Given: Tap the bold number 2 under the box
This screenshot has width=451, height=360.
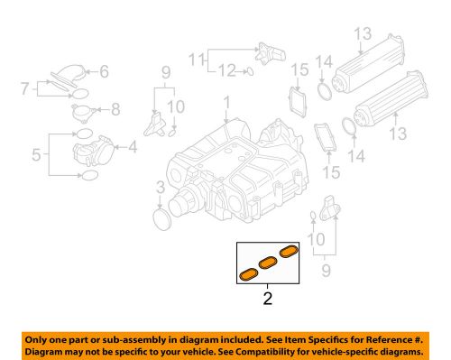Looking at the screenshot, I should tap(267, 295).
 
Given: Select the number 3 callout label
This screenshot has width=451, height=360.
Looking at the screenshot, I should tap(159, 188).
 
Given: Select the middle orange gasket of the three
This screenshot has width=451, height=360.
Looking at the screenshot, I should tap(268, 263).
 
